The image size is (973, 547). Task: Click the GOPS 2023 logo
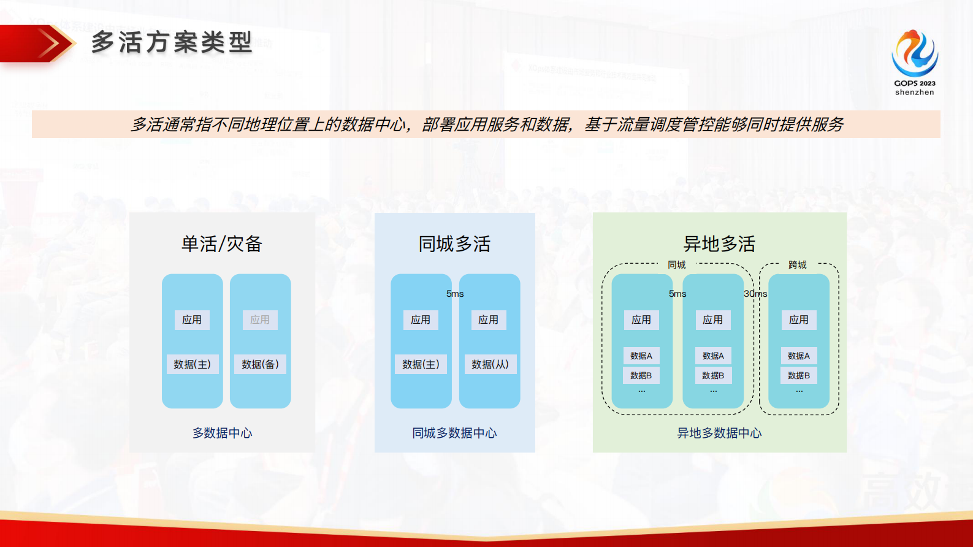tap(914, 62)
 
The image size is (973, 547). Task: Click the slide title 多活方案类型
tap(172, 42)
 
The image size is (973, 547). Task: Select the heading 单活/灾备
tap(222, 244)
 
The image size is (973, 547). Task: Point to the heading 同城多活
tap(454, 244)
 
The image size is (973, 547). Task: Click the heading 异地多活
tap(719, 244)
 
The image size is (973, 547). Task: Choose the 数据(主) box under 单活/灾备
tap(192, 364)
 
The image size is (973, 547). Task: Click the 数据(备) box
tap(260, 364)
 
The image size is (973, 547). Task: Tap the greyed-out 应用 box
tap(260, 319)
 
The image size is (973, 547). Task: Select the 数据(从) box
tap(490, 364)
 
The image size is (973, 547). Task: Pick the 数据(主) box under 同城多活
tap(421, 364)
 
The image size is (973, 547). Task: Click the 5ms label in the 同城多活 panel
tap(455, 294)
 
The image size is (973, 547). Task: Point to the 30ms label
tap(755, 294)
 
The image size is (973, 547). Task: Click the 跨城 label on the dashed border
tap(798, 265)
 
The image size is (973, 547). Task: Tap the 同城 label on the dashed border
tap(677, 265)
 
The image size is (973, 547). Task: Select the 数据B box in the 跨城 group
tap(799, 375)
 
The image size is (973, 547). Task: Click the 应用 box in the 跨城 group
tap(799, 319)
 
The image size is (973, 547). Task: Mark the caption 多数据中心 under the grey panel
tap(222, 433)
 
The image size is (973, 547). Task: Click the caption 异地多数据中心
tap(719, 433)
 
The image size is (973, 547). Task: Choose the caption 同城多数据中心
tap(454, 433)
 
